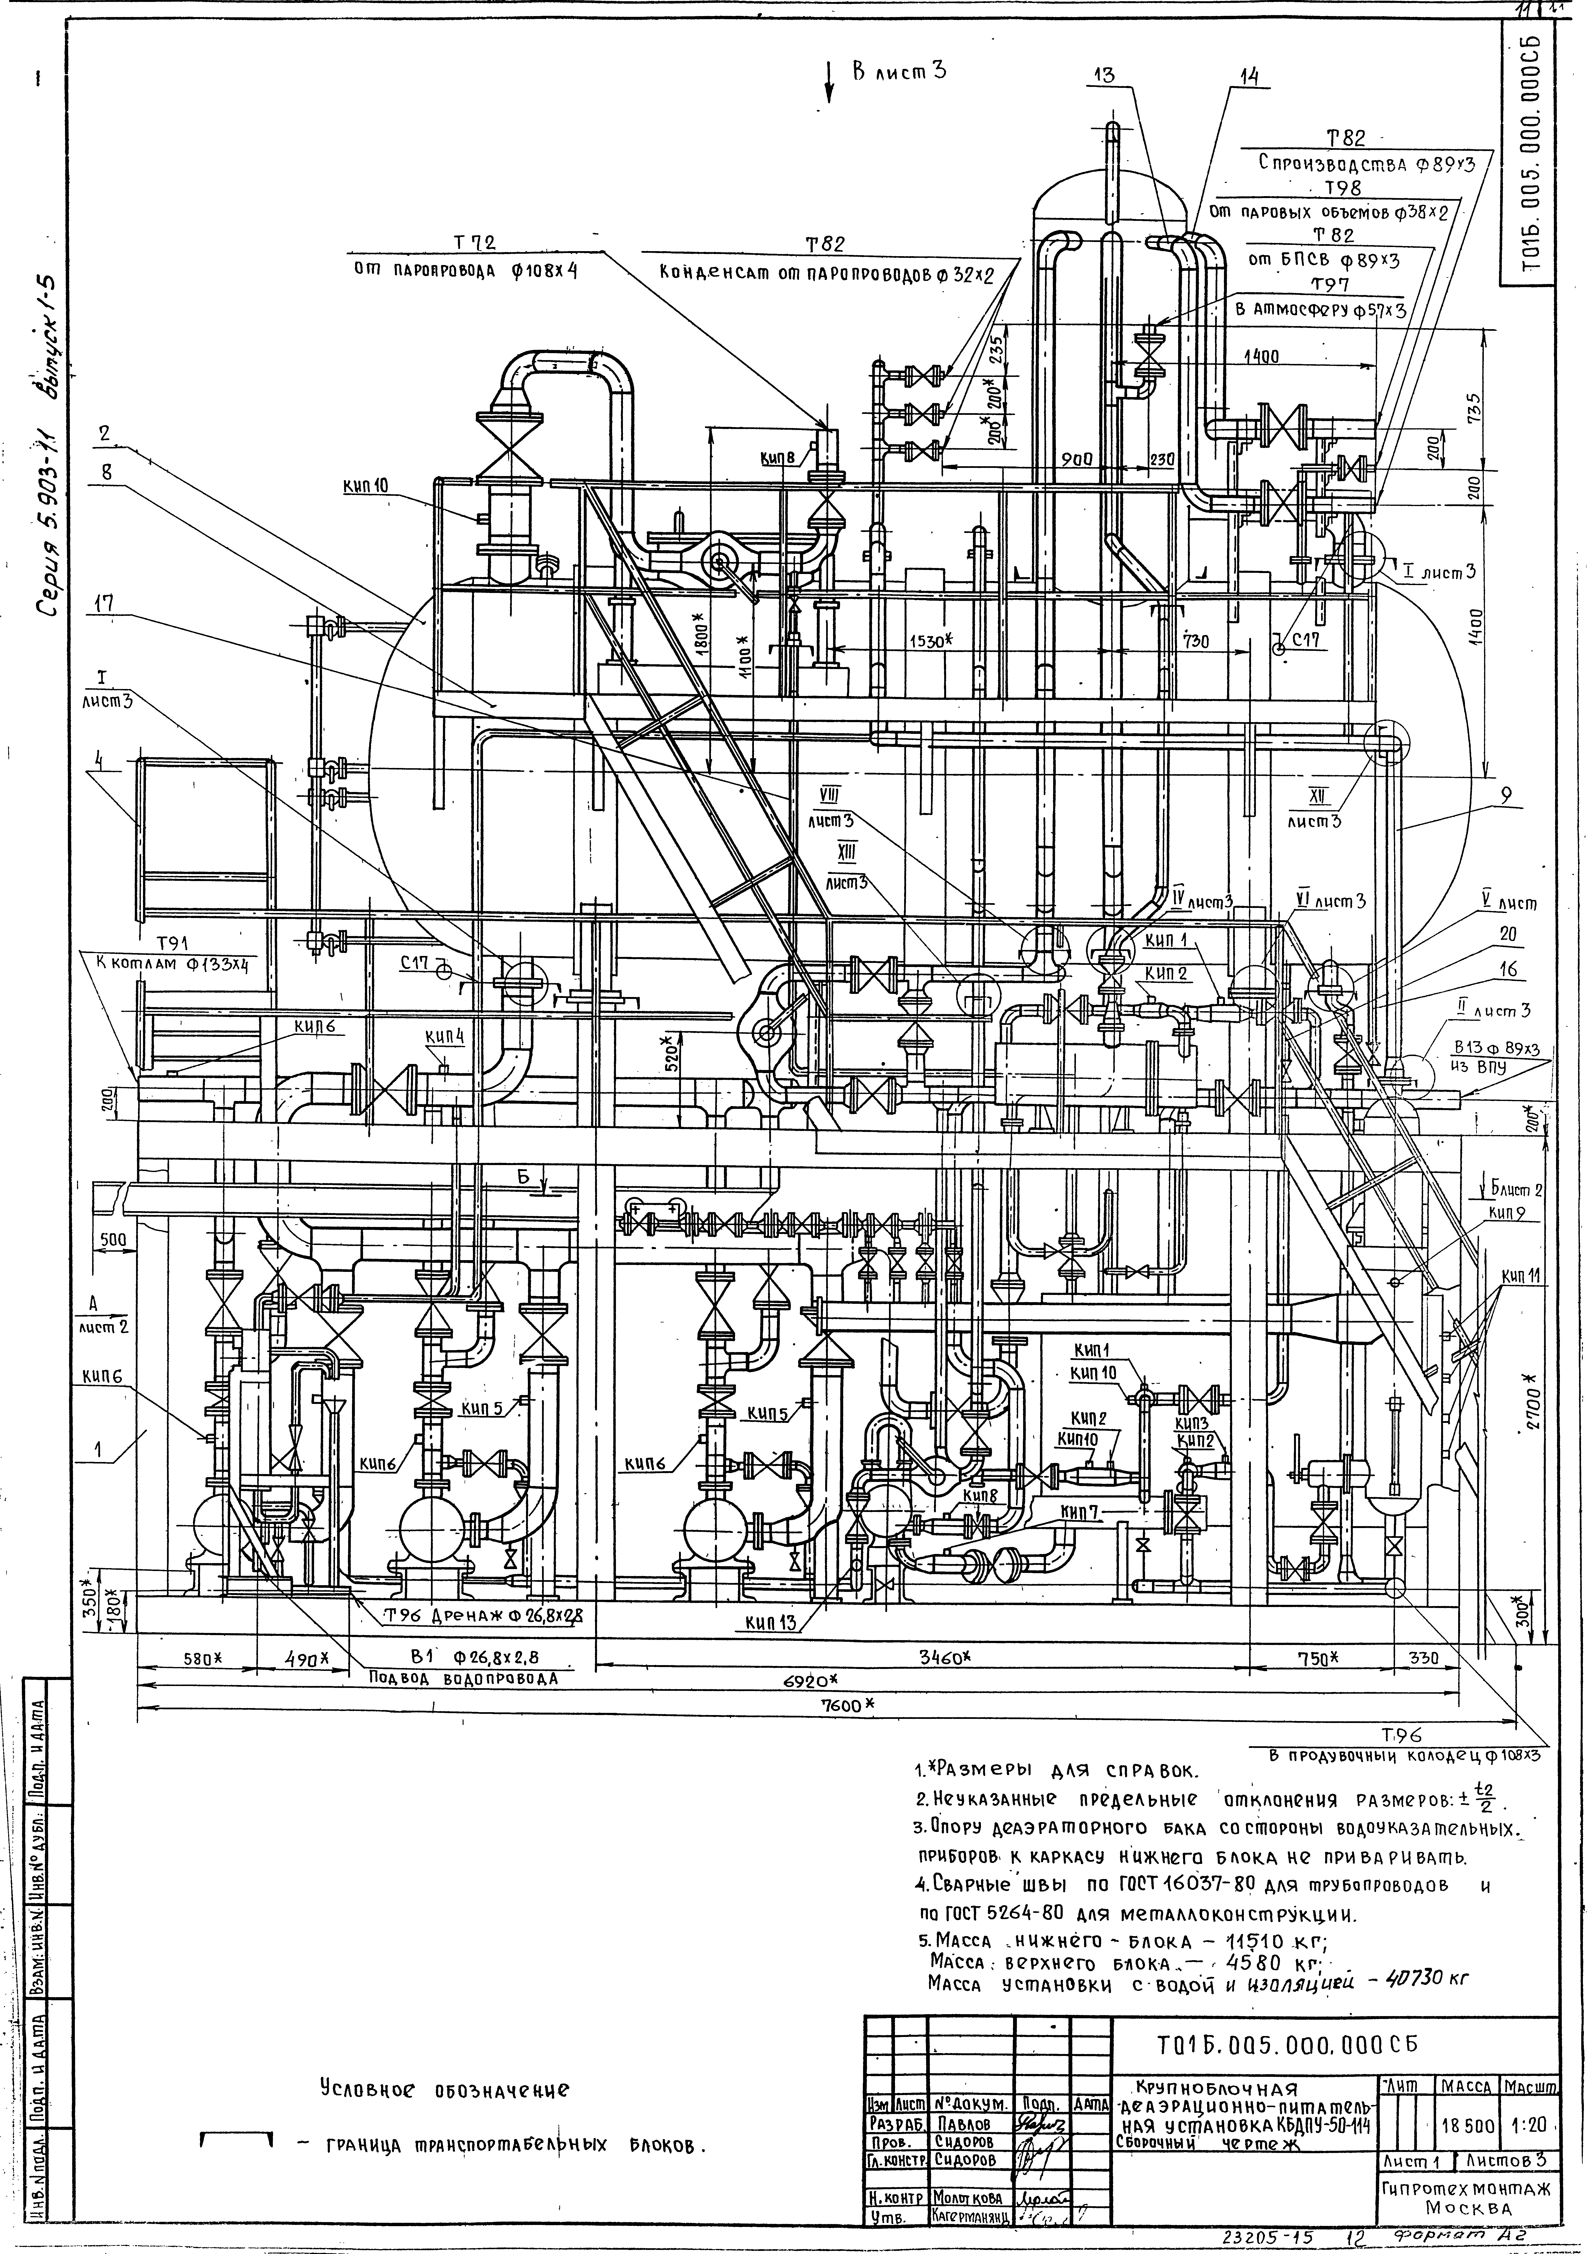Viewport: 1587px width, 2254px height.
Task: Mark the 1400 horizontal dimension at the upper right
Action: [1260, 357]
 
